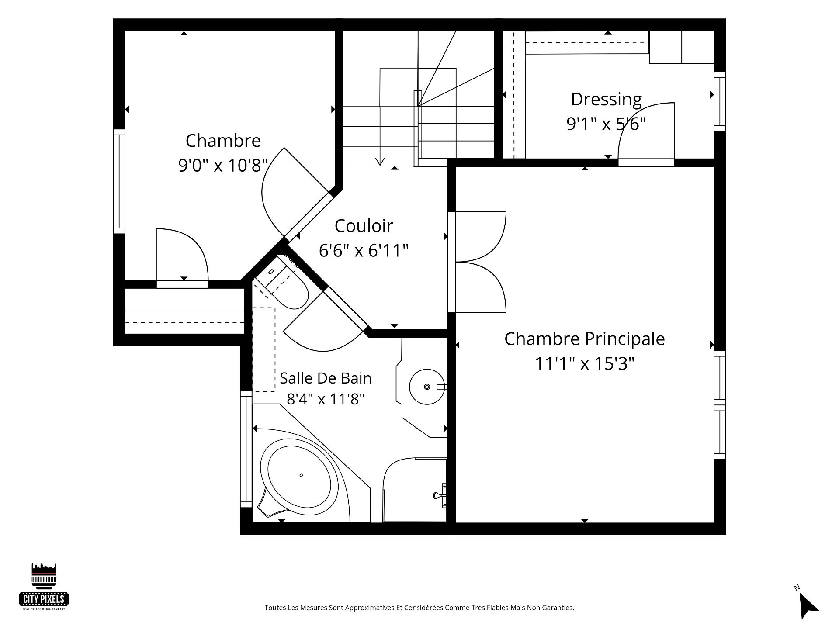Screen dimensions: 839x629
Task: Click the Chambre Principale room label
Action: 584,339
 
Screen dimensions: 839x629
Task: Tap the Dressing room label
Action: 606,100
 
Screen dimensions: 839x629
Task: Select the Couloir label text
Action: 364,226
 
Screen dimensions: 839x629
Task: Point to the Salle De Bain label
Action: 326,378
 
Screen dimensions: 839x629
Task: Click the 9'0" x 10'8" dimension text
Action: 223,166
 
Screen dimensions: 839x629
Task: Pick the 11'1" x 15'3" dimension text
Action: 585,363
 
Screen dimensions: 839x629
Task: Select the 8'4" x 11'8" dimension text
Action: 326,399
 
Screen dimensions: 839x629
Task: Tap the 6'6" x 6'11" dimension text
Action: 364,251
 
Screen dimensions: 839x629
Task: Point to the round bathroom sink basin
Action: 427,387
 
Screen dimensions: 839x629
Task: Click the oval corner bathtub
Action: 301,475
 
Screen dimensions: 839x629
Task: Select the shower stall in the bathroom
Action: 415,490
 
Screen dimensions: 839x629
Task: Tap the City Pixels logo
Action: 44,586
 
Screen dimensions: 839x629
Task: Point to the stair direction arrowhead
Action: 380,162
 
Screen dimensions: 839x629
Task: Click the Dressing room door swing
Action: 646,131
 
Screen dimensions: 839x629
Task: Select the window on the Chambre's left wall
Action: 119,181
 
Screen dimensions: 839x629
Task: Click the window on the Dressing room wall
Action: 720,101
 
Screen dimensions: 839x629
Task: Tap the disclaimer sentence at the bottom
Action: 419,608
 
